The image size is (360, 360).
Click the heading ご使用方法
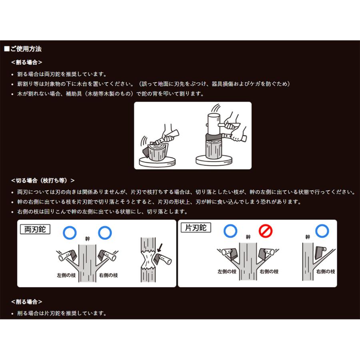[25, 49]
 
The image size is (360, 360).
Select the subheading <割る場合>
[27, 62]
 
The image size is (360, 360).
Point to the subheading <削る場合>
[27, 302]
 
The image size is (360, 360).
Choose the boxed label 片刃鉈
[196, 228]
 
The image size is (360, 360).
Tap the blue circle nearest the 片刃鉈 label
[230, 231]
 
